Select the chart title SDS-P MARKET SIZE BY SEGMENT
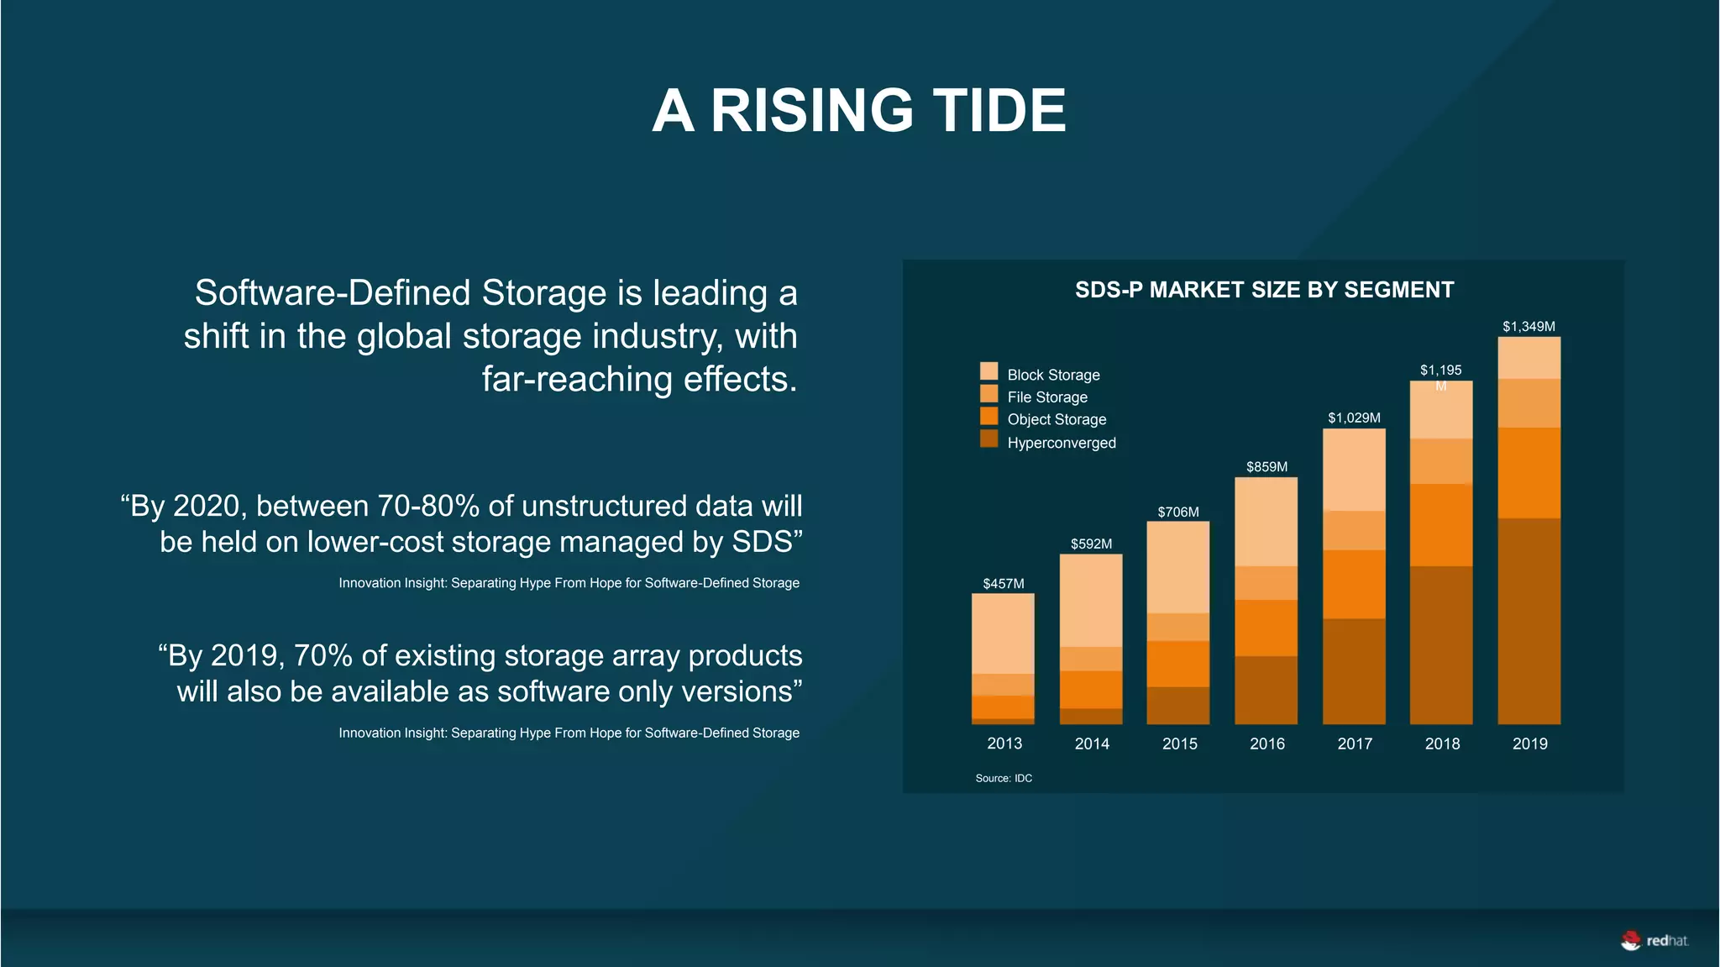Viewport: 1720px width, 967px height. [1264, 290]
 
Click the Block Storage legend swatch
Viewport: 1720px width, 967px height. [988, 371]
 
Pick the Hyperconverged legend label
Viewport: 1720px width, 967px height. [1062, 443]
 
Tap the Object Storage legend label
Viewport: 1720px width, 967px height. [1057, 419]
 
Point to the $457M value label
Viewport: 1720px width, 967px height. [1004, 583]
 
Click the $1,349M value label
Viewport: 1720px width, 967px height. [1529, 326]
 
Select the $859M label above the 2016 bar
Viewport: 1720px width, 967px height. [1266, 466]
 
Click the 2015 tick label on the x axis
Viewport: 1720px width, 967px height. [1179, 744]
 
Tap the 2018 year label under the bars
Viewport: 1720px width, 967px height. [1442, 744]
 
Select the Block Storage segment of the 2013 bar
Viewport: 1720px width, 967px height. [1003, 633]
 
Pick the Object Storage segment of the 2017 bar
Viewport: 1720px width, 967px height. [1354, 584]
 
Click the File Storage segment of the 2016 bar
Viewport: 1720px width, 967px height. [1266, 583]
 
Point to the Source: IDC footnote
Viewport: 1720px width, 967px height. [1004, 778]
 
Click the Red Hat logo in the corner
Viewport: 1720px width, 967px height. [1654, 940]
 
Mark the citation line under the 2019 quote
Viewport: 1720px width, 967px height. [569, 733]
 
